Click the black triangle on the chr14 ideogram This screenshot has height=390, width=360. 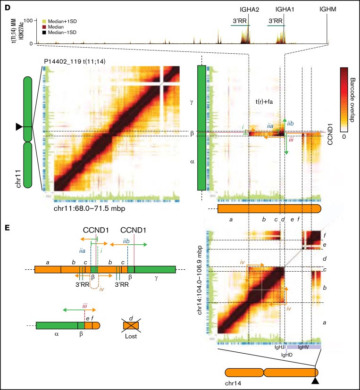(x=315, y=378)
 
